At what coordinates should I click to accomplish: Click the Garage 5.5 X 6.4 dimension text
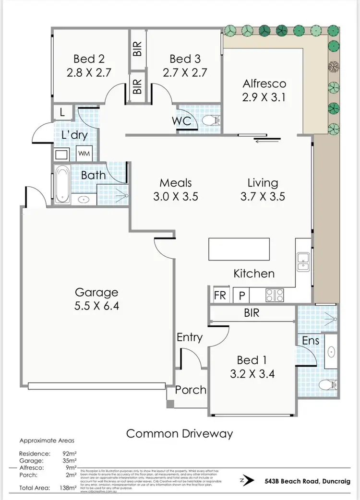click(96, 305)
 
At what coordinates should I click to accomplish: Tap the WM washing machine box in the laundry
click(84, 154)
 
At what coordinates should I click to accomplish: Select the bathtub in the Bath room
click(62, 184)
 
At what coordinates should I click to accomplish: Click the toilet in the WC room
click(207, 120)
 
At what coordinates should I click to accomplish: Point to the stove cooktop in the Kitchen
click(275, 295)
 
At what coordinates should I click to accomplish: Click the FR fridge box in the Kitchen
click(220, 295)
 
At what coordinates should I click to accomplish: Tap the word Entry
click(190, 337)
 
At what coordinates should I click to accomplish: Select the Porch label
click(191, 390)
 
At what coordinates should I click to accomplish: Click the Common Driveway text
click(180, 434)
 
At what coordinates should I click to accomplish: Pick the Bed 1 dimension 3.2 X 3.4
click(256, 374)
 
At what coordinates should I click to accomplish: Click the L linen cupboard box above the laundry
click(62, 112)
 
